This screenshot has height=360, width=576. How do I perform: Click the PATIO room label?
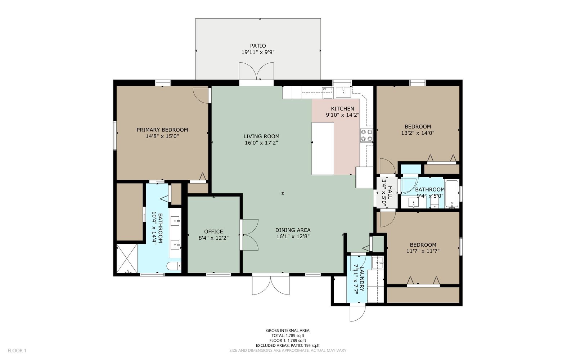(258, 46)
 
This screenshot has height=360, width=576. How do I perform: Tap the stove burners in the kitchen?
(366, 135)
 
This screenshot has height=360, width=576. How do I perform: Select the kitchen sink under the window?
(343, 92)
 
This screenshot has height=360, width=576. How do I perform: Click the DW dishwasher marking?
(324, 89)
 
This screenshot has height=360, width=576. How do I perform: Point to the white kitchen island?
(323, 149)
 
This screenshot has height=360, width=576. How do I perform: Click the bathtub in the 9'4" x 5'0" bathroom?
(452, 194)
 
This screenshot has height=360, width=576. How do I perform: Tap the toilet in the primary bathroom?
(174, 266)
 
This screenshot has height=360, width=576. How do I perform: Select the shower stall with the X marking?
(127, 258)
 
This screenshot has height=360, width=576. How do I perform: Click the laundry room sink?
(378, 262)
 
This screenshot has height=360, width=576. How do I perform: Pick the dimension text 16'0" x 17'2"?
(261, 143)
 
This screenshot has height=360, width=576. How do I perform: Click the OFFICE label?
(213, 231)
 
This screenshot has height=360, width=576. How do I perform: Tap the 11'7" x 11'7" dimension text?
(423, 251)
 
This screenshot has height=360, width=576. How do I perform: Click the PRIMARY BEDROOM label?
(162, 130)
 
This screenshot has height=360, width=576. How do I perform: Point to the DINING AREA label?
(293, 230)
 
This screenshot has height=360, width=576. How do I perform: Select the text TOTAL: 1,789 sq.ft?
(288, 336)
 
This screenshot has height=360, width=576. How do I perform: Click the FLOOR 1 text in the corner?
(17, 351)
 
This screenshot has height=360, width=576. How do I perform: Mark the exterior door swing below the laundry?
(358, 312)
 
